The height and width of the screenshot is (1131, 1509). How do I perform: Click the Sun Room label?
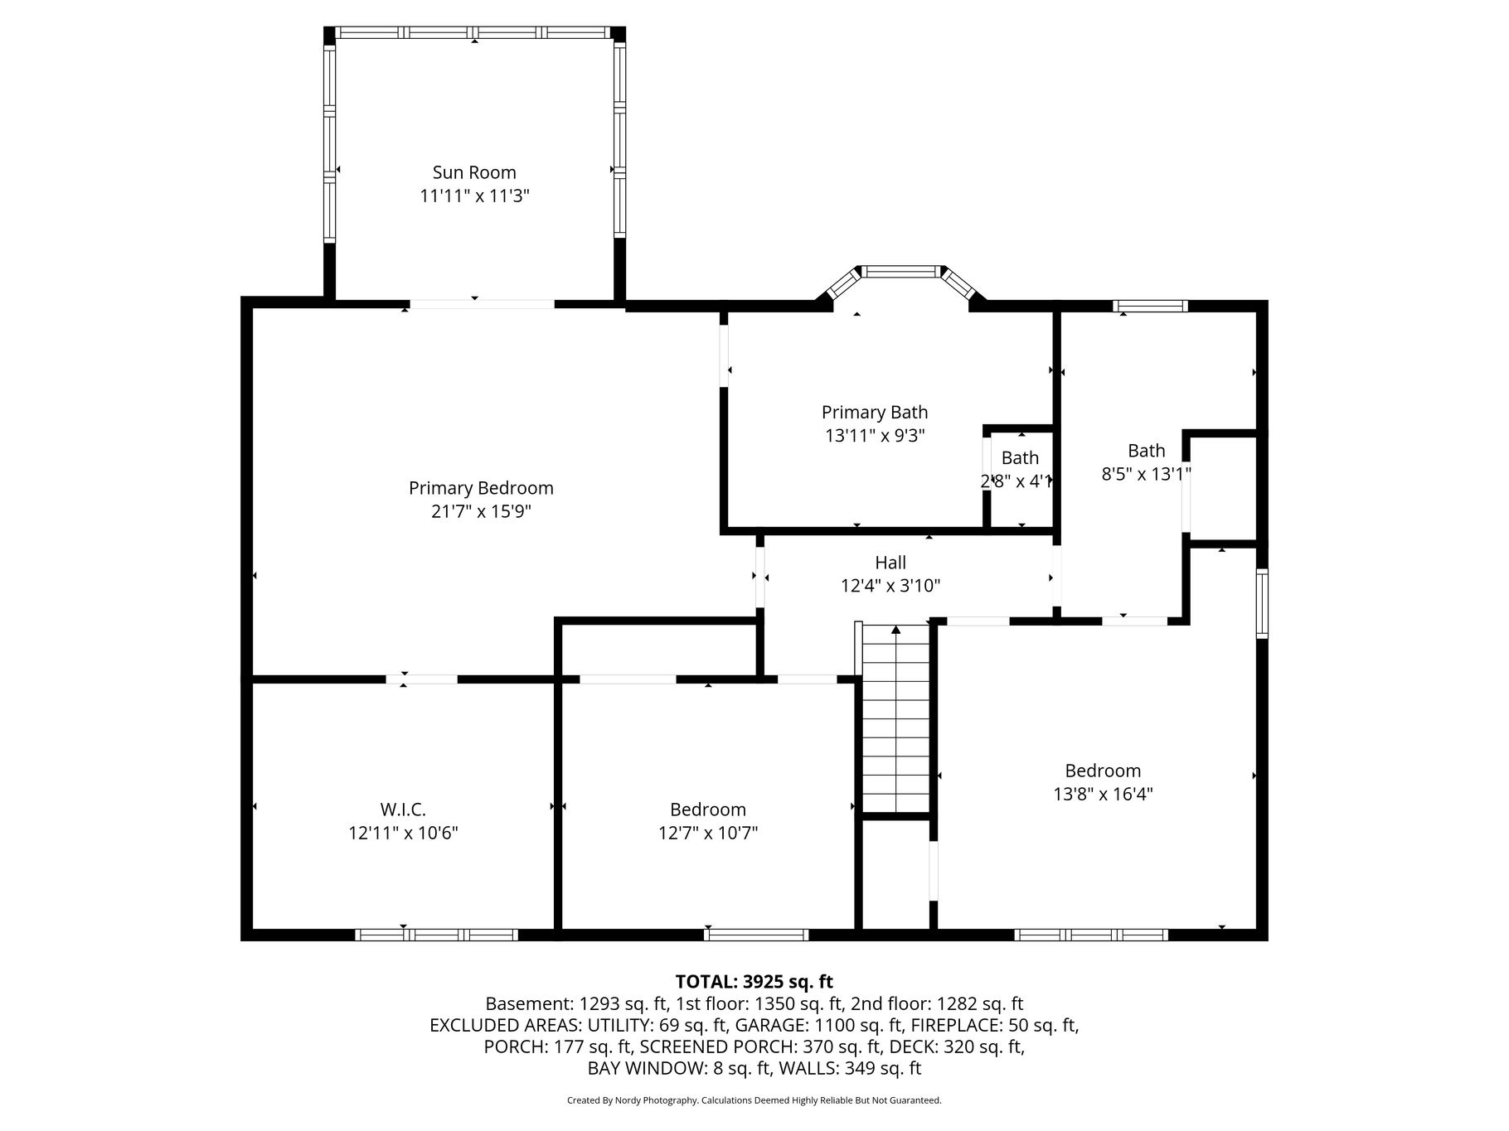point(474,172)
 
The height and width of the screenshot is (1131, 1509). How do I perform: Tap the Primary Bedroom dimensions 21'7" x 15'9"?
point(481,511)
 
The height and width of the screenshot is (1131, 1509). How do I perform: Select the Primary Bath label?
point(875,412)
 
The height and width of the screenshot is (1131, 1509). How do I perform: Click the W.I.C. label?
point(403,810)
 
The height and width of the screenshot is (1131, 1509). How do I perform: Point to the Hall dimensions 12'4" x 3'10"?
point(890,586)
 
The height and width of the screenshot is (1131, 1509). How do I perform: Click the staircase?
point(896,719)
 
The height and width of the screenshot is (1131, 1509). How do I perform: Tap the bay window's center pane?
point(901,271)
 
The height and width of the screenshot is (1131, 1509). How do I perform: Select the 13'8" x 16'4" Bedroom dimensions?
point(1103,794)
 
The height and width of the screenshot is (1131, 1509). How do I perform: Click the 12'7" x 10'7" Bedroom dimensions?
point(708,833)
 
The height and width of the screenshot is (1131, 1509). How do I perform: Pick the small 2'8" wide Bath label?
point(1020,457)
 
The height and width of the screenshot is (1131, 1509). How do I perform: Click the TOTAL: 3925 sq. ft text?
point(754,982)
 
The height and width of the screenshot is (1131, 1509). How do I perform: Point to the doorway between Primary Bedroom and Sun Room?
point(482,304)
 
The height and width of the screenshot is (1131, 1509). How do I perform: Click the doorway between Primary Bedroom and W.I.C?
point(421,679)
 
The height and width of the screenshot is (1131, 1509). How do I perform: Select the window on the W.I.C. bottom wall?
point(437,935)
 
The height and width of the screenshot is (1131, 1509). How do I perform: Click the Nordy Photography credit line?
point(754,1100)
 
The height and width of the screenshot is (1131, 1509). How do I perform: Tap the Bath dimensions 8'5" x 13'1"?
point(1147,474)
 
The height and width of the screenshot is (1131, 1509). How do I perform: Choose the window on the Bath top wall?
point(1150,306)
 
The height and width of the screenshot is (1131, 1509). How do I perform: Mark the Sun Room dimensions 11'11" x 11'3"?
point(474,196)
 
